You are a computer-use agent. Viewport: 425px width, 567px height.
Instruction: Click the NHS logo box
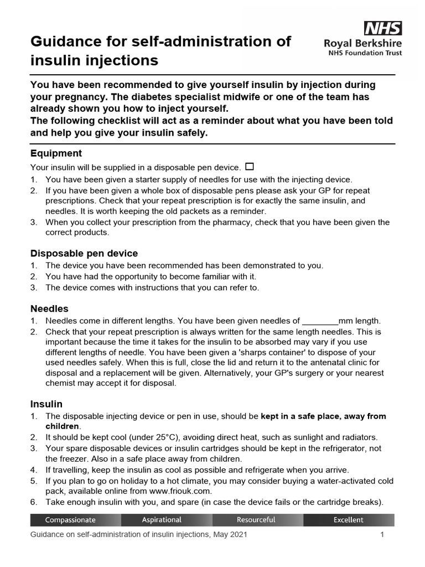(382, 28)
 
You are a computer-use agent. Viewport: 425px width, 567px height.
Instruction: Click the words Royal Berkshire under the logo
(363, 43)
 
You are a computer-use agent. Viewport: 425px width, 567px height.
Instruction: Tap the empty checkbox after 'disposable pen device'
(249, 167)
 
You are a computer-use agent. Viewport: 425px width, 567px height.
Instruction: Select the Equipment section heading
(56, 153)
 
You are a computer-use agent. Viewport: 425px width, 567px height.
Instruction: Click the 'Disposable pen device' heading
(84, 253)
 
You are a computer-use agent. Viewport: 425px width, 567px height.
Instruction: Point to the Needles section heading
(49, 308)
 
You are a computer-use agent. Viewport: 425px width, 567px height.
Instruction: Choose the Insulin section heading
(46, 404)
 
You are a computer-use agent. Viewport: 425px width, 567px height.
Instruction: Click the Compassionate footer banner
(75, 520)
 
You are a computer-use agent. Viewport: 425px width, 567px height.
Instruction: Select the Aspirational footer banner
(167, 520)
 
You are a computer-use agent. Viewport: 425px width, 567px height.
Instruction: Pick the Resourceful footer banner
(257, 520)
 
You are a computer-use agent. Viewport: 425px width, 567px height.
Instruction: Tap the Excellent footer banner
(349, 520)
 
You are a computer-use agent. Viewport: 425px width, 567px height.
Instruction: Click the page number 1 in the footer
(382, 535)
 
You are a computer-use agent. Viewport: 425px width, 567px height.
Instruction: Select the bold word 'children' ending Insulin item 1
(63, 426)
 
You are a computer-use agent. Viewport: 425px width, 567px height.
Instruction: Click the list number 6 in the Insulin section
(34, 502)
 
